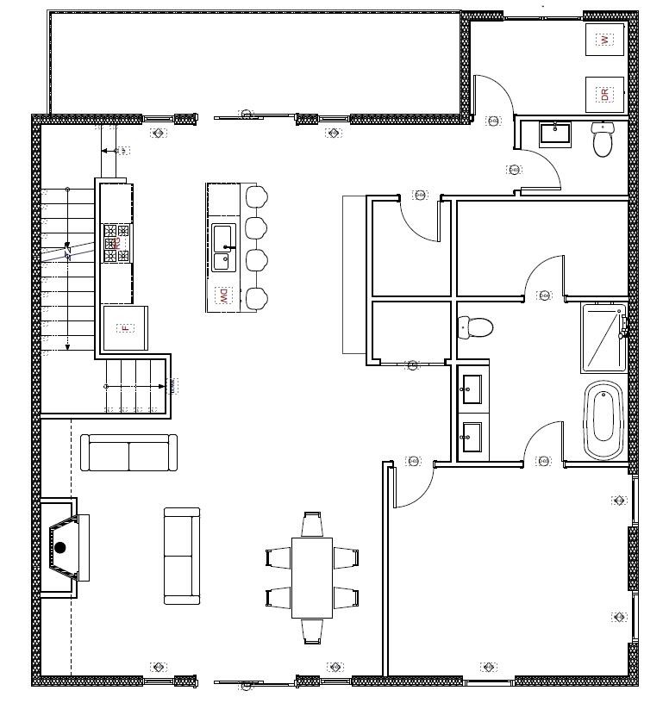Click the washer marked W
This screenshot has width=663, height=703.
[605, 40]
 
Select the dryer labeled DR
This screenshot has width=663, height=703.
[605, 94]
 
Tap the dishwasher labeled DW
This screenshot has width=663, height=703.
[222, 296]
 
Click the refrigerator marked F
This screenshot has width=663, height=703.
[125, 328]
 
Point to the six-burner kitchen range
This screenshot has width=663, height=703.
[116, 243]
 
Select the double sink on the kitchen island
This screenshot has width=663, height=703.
[223, 247]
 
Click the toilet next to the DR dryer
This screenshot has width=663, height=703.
[603, 140]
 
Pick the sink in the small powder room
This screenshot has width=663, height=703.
[555, 134]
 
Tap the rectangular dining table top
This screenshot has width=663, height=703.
[311, 577]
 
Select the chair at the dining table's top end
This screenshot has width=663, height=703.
[312, 524]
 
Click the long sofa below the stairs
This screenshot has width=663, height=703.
[128, 453]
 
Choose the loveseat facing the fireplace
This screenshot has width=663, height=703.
[182, 556]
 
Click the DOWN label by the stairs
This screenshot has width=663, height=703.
[173, 385]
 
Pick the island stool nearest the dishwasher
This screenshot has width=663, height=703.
[256, 298]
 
